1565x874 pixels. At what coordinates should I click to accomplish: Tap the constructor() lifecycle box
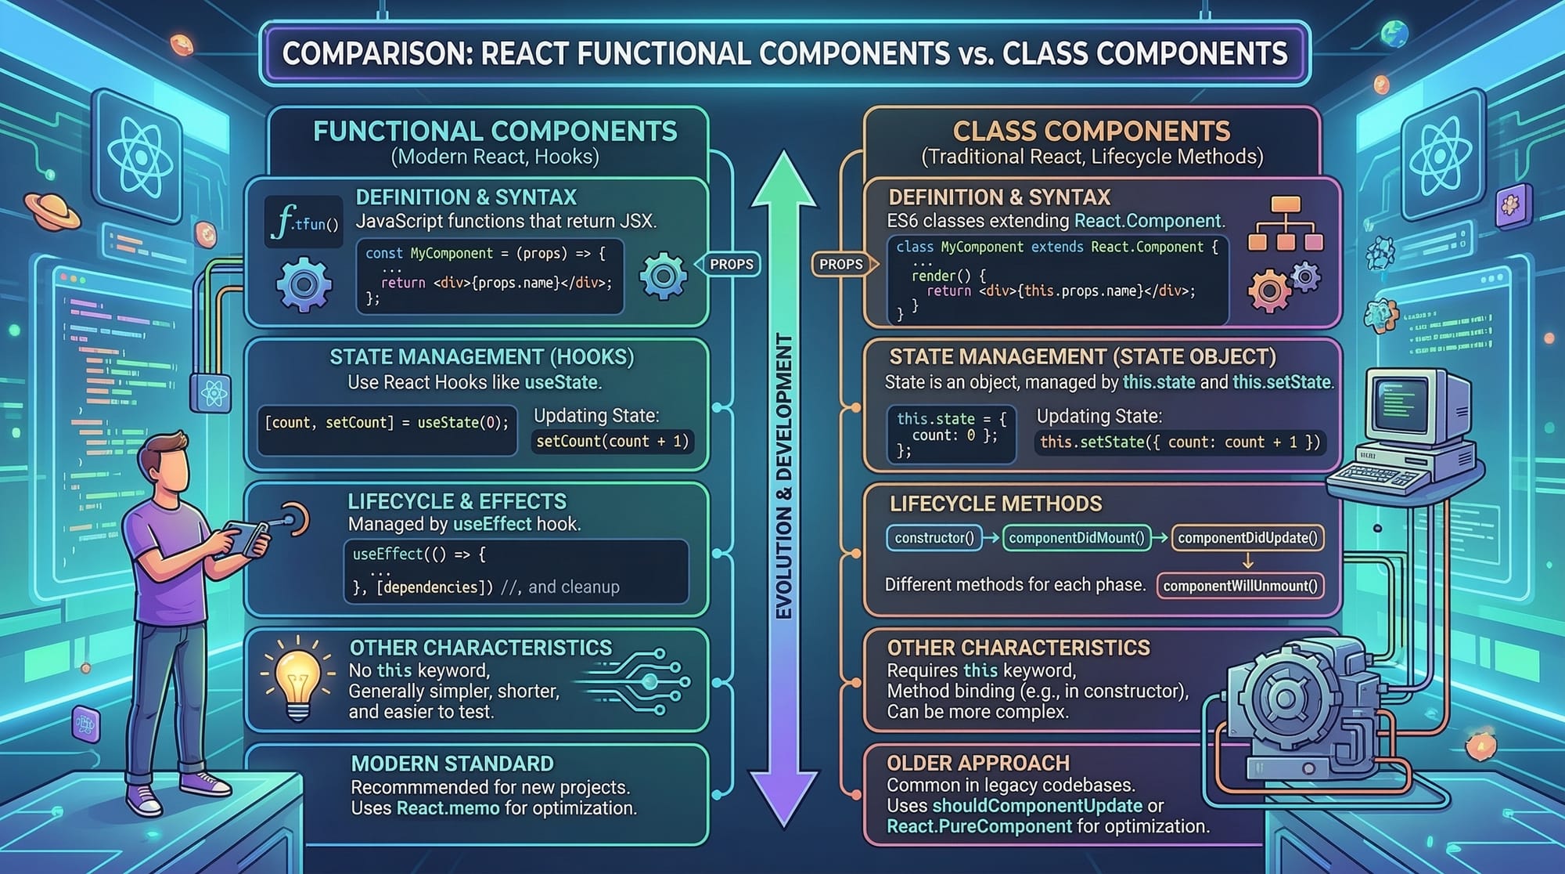[934, 538]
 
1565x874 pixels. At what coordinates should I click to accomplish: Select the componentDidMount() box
[1076, 538]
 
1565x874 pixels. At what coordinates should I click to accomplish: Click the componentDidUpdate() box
[1247, 538]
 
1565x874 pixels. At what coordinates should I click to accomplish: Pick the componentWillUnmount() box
[1240, 586]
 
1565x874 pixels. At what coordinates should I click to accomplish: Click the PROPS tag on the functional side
[731, 265]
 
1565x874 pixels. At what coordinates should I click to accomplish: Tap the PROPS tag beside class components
[841, 265]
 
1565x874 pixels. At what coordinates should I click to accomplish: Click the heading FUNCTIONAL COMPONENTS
[495, 131]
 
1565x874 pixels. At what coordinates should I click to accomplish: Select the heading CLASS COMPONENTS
[1091, 131]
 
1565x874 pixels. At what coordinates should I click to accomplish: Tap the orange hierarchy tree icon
[1285, 224]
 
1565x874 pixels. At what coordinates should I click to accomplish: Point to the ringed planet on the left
[52, 210]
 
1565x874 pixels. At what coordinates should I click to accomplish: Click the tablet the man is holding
[246, 536]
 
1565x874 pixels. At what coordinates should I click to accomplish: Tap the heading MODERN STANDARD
[452, 764]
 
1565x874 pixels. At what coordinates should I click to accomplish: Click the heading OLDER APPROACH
[978, 763]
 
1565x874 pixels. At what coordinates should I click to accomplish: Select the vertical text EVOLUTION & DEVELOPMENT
[784, 476]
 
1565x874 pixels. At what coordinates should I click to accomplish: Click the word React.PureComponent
[979, 826]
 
